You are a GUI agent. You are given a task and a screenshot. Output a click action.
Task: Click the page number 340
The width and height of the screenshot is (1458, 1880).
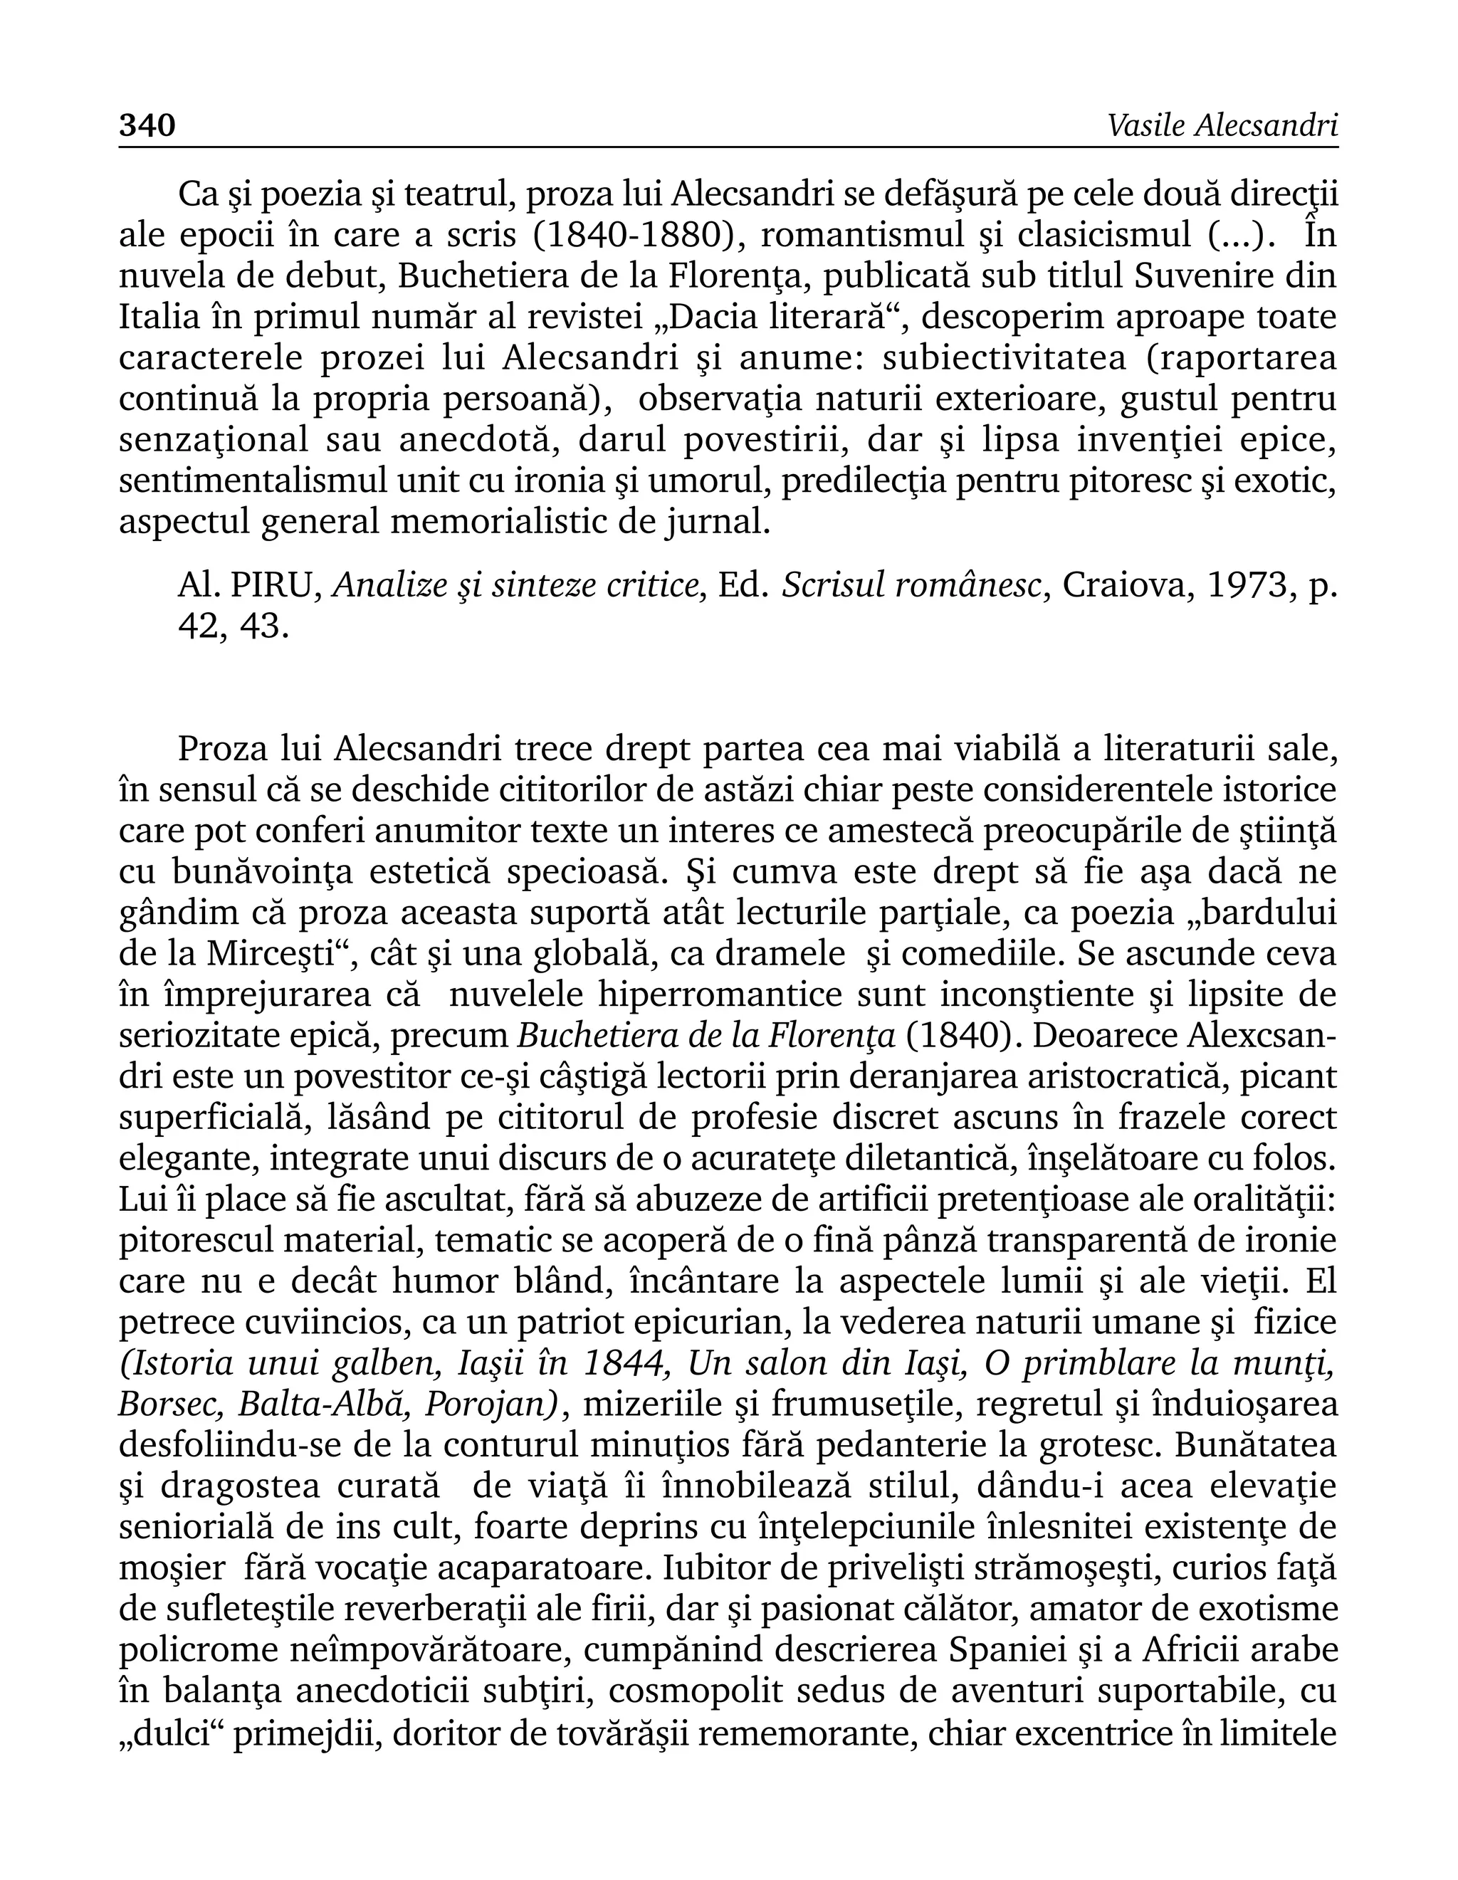(147, 126)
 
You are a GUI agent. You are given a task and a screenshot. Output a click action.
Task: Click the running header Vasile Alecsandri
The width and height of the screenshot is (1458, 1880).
(1222, 126)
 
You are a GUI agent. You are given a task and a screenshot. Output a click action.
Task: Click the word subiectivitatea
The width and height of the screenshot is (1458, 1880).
(1005, 358)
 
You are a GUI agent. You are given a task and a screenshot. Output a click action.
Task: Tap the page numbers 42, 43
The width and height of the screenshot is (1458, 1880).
(232, 626)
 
